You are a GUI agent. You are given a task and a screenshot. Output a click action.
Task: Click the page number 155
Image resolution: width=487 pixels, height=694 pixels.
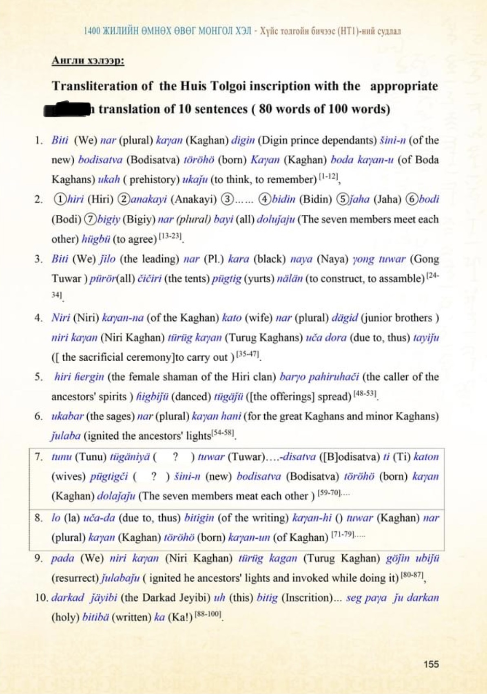[431, 664]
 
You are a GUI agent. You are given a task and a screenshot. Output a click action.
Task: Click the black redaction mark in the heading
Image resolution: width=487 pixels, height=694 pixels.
[67, 109]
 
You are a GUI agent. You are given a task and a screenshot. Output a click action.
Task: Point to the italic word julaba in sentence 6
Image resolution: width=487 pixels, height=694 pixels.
[66, 436]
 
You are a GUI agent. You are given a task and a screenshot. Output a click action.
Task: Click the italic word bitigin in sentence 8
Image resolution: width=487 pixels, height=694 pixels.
[199, 518]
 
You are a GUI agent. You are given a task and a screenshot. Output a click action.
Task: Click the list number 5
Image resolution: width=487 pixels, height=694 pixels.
[38, 377]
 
